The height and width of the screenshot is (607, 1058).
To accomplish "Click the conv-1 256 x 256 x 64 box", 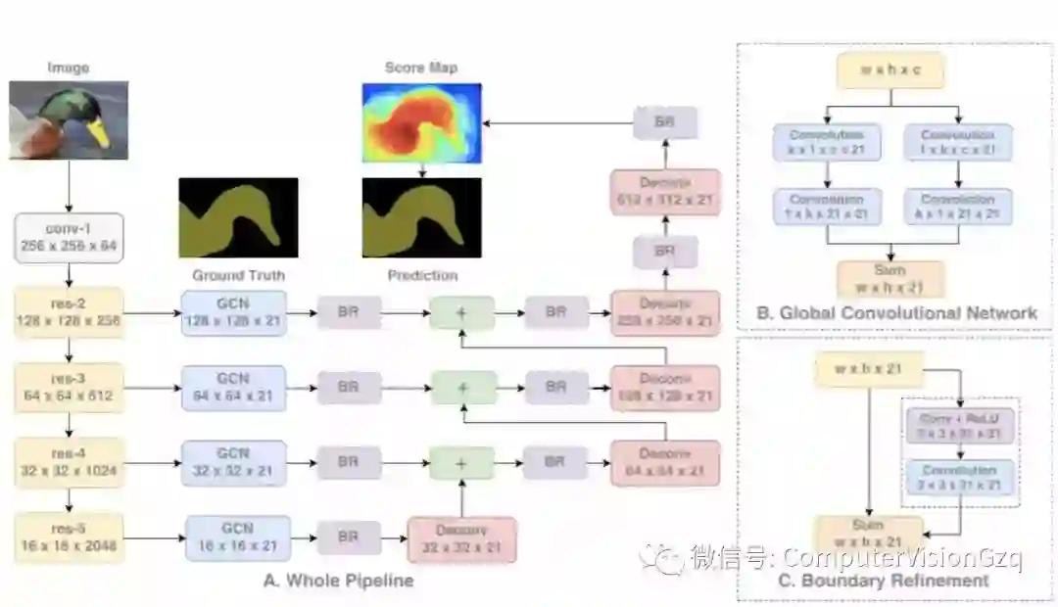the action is click(x=69, y=238).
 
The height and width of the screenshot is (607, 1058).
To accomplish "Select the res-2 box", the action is click(x=69, y=312).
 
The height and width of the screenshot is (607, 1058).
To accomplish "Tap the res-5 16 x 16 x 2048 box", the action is click(x=69, y=537).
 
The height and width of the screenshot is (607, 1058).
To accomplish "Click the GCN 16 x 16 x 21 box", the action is click(x=238, y=537).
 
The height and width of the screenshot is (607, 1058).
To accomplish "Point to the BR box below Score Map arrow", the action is click(x=664, y=122).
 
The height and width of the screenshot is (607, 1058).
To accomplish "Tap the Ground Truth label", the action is click(x=238, y=275).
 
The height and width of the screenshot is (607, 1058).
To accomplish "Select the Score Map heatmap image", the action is click(x=421, y=121).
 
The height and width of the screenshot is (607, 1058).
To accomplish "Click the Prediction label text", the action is click(x=421, y=275).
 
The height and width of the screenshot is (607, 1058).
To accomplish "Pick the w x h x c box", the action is click(x=890, y=71).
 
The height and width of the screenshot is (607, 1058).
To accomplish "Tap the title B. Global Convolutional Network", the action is click(x=896, y=313).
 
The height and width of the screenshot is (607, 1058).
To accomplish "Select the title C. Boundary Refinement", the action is click(x=895, y=581).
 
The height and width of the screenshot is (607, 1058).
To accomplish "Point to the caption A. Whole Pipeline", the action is click(x=338, y=581).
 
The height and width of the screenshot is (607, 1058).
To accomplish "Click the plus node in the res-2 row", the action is click(x=462, y=312).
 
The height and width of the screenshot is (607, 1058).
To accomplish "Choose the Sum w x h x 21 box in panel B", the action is click(x=890, y=279).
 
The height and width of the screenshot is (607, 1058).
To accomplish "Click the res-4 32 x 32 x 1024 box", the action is click(x=69, y=462).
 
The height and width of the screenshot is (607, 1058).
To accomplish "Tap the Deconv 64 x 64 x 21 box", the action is click(x=664, y=463).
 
